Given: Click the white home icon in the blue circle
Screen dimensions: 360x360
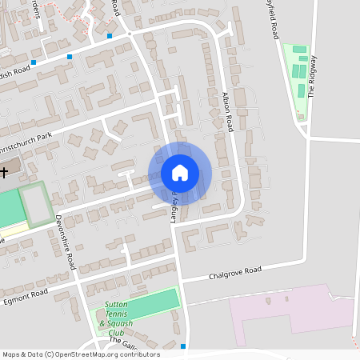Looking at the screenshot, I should pyautogui.click(x=180, y=173).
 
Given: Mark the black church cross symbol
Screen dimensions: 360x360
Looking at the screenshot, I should pyautogui.click(x=3, y=171).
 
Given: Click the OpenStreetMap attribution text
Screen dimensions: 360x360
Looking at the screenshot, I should pyautogui.click(x=80, y=354).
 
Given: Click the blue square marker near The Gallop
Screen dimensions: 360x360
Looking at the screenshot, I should pyautogui.click(x=184, y=346).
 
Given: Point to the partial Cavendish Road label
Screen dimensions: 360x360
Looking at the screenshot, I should pyautogui.click(x=14, y=70).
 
